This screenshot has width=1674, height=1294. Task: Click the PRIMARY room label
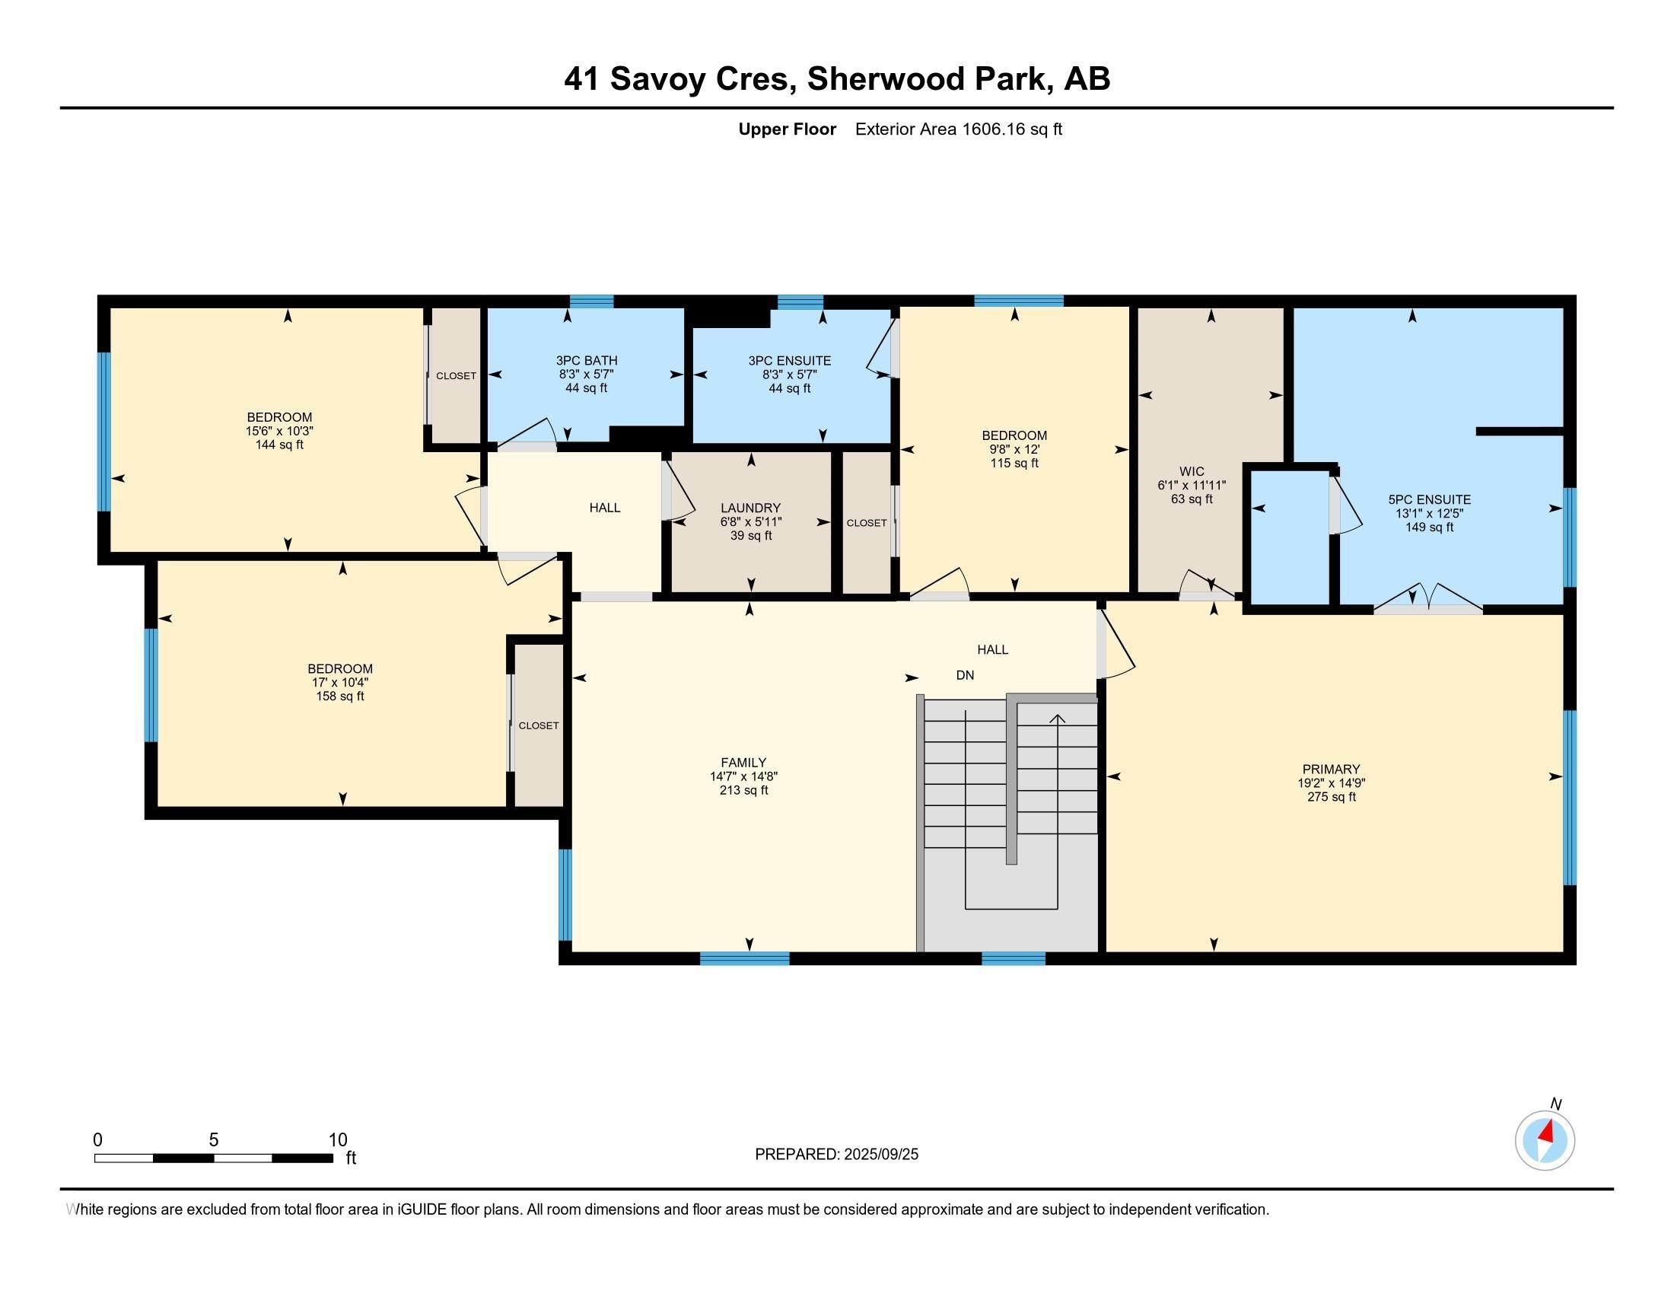pyautogui.click(x=1331, y=769)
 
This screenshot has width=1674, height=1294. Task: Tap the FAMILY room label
pyautogui.click(x=743, y=763)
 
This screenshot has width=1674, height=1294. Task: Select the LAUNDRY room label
pyautogui.click(x=750, y=508)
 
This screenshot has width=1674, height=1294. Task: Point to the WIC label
pyautogui.click(x=1192, y=471)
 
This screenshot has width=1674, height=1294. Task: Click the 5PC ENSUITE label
pyautogui.click(x=1430, y=500)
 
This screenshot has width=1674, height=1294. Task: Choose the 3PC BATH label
pyautogui.click(x=587, y=360)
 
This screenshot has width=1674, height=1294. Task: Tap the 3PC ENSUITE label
pyautogui.click(x=790, y=360)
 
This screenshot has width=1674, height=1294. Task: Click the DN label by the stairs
pyautogui.click(x=965, y=675)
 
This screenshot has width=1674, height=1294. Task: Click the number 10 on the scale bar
pyautogui.click(x=338, y=1140)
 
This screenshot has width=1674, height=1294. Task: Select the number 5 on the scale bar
pyautogui.click(x=214, y=1140)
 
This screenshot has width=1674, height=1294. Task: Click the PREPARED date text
pyautogui.click(x=836, y=1155)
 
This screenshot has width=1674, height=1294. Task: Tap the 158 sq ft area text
pyautogui.click(x=339, y=696)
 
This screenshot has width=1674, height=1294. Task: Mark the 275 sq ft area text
pyautogui.click(x=1332, y=796)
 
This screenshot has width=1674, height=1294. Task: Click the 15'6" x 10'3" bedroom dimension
pyautogui.click(x=279, y=431)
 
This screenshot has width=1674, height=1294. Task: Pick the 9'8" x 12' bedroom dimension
pyautogui.click(x=1014, y=449)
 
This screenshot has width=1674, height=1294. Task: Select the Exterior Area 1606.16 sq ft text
pyautogui.click(x=959, y=129)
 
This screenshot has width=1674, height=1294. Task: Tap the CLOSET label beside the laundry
pyautogui.click(x=866, y=523)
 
